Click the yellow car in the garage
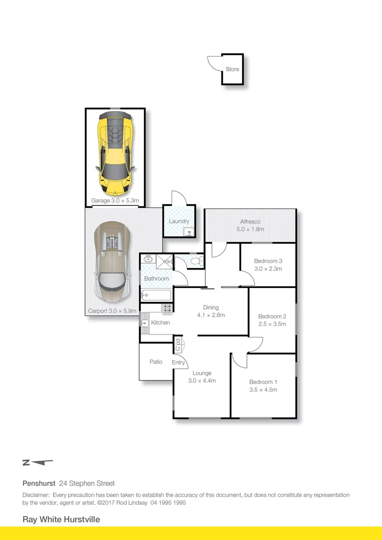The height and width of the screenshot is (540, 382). [x=115, y=153]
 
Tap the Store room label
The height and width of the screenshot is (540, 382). [x=232, y=69]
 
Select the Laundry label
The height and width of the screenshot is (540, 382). [x=179, y=221]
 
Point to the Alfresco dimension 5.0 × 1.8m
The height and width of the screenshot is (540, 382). [x=250, y=229]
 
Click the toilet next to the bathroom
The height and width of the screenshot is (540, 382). [x=196, y=260]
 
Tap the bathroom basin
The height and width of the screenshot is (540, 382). [x=148, y=259]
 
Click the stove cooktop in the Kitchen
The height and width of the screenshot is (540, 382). [x=167, y=308]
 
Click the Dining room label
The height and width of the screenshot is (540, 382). [x=210, y=307]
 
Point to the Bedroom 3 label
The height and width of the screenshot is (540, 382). [x=268, y=261]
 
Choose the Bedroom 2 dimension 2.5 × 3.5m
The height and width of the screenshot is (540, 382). [x=272, y=324]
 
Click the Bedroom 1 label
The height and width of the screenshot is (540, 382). [x=263, y=382]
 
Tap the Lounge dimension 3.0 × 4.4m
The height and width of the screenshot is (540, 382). [x=201, y=380]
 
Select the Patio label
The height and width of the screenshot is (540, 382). [x=155, y=361]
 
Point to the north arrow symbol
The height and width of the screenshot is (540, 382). [x=37, y=462]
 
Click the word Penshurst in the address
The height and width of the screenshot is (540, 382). [x=39, y=483]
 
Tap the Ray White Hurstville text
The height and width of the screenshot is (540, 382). [x=61, y=519]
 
